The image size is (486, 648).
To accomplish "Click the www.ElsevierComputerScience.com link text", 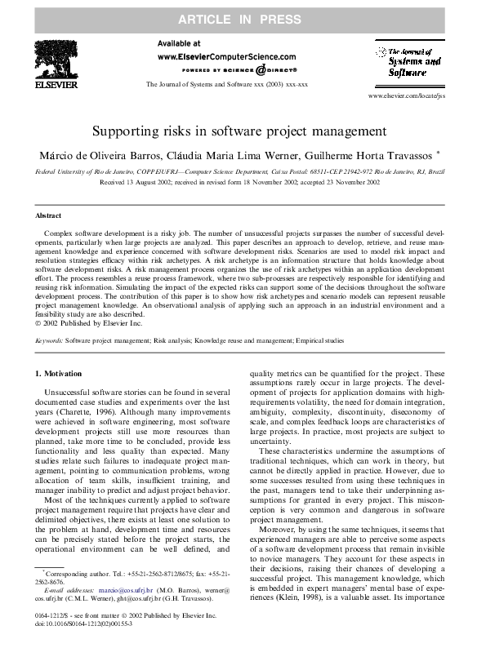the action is (225, 57).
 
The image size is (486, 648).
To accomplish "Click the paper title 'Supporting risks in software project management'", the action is (243, 131).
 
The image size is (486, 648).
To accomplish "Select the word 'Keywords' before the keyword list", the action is (49, 340).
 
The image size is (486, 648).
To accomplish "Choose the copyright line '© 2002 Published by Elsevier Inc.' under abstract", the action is (79, 324).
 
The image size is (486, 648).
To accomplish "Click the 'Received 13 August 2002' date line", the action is (243, 184).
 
